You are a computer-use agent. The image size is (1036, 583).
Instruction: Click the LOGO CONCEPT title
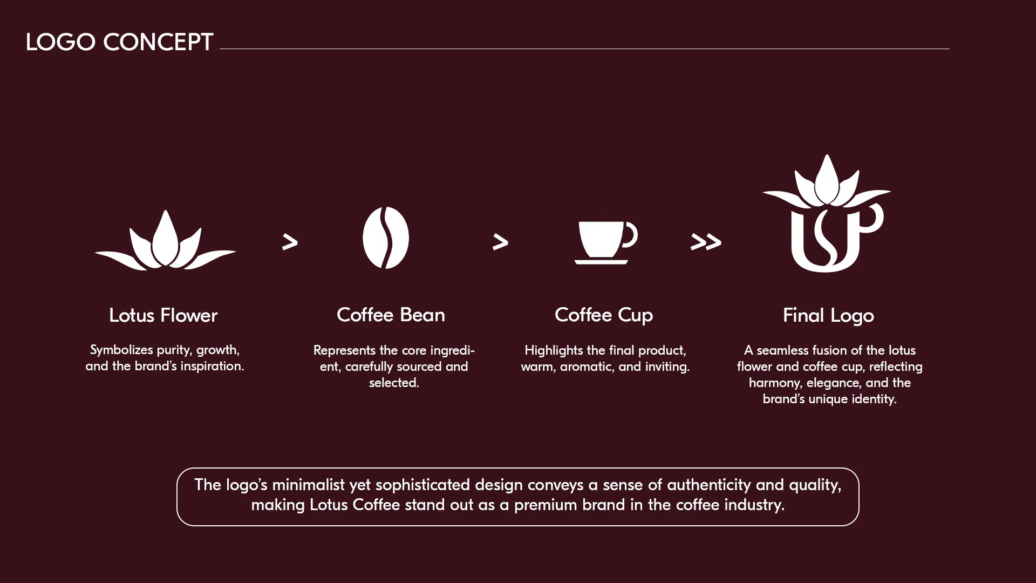pyautogui.click(x=119, y=42)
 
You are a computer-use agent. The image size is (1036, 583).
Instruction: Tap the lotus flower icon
pyautogui.click(x=165, y=243)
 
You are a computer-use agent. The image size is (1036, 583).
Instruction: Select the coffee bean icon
pyautogui.click(x=386, y=238)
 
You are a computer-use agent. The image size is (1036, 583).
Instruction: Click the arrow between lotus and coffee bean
pyautogui.click(x=290, y=242)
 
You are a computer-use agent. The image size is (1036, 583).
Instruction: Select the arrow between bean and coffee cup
pyautogui.click(x=500, y=242)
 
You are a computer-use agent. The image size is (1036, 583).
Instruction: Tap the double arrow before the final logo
pyautogui.click(x=706, y=242)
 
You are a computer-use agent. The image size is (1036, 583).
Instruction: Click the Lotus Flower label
pyautogui.click(x=163, y=315)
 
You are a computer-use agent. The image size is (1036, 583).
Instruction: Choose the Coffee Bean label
pyautogui.click(x=391, y=315)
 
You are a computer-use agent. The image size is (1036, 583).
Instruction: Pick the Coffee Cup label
pyautogui.click(x=604, y=315)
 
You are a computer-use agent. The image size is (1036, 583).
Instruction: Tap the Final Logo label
pyautogui.click(x=828, y=316)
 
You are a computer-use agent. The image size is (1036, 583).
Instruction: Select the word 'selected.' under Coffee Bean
pyautogui.click(x=394, y=383)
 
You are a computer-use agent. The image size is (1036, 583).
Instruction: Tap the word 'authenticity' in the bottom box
pyautogui.click(x=708, y=485)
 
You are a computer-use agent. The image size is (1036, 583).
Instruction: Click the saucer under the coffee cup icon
pyautogui.click(x=601, y=262)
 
